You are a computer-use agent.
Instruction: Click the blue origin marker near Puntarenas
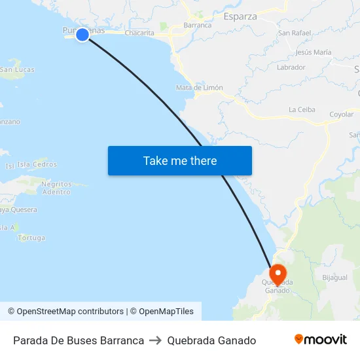coord(82,35)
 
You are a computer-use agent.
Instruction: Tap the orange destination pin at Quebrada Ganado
coord(278,274)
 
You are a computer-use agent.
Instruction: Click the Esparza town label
coord(241,17)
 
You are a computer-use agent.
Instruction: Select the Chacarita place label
coord(139,33)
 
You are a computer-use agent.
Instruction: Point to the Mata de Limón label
coord(200,88)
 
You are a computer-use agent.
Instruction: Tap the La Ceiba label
coord(302,109)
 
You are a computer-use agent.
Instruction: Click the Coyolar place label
coord(341,114)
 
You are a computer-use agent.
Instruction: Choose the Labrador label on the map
coord(291,67)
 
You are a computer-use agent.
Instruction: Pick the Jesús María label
coord(314,52)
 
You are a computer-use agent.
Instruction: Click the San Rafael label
coord(294,33)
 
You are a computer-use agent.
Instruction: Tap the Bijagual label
coord(334,278)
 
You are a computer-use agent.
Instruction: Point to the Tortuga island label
coord(32,238)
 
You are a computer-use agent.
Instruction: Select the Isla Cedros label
coord(37,164)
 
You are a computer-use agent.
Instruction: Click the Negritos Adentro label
coord(56,188)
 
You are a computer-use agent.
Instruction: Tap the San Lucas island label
coord(18,69)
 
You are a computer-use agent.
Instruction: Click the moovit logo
coord(321,340)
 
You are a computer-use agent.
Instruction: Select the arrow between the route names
coord(156,340)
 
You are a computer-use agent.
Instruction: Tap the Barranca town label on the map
coord(198,25)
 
